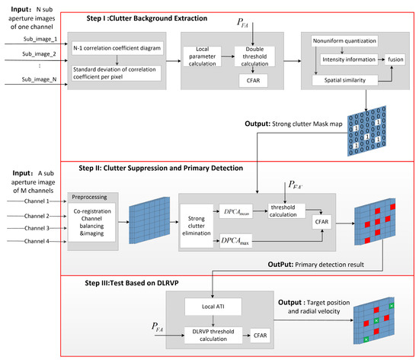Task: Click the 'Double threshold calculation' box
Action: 253,57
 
